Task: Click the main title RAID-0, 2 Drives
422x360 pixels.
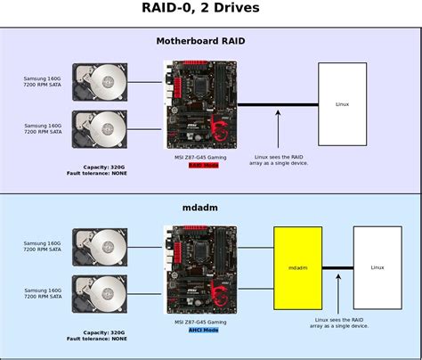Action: click(x=210, y=10)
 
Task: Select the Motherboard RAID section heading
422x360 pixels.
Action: click(x=210, y=41)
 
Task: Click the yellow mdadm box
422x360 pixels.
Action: click(x=297, y=267)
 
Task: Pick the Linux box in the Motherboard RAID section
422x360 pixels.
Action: click(x=342, y=104)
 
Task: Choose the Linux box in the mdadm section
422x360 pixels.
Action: click(x=377, y=267)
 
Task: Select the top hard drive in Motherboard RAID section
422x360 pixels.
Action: click(x=100, y=82)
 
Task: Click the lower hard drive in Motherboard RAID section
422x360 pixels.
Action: click(x=100, y=129)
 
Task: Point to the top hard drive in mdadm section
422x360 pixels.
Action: click(x=100, y=247)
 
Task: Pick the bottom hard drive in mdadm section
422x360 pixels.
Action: click(x=100, y=293)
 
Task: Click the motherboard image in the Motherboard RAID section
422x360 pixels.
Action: click(x=201, y=104)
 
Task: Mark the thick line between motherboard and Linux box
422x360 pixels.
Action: click(x=278, y=105)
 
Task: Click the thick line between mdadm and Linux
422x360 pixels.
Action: click(x=337, y=267)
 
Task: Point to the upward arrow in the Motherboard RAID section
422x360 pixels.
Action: click(x=279, y=129)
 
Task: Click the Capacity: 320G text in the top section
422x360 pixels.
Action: click(x=104, y=167)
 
